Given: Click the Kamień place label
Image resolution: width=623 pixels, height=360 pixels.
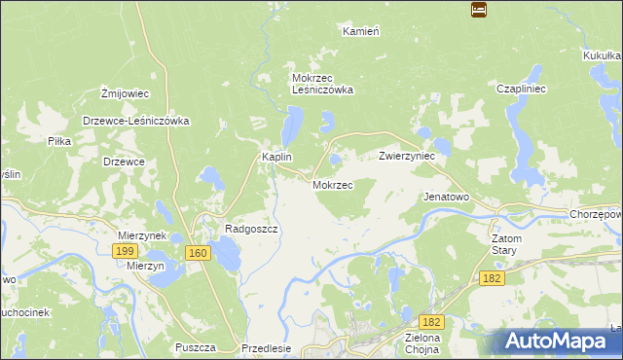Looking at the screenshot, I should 360,31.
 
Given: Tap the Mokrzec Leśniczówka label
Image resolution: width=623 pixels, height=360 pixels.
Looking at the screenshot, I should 322,84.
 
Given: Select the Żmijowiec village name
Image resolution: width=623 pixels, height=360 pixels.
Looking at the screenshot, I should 125,93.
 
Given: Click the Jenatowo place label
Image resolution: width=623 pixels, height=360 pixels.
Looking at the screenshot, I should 446,197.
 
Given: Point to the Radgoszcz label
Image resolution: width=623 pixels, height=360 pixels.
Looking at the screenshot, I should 252,229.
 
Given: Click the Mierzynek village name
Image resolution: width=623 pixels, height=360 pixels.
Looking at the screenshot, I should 143,235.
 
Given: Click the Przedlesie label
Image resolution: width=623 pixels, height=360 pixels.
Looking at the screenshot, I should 267,348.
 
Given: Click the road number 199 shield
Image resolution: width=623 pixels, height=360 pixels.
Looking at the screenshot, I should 124,251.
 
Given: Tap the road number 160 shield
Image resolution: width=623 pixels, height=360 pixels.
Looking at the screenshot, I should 199,253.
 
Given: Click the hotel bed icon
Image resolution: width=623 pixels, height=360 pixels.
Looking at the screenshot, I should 478,10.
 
